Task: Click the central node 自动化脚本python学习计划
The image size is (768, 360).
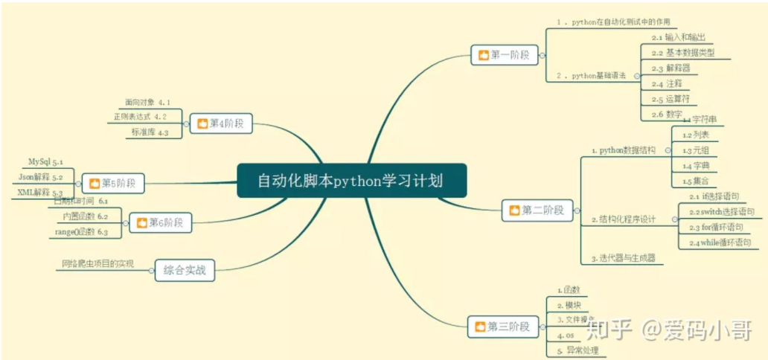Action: click(351, 181)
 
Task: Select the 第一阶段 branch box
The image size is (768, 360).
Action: click(504, 55)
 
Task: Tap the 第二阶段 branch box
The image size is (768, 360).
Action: click(533, 210)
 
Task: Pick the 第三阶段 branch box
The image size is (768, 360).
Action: click(502, 326)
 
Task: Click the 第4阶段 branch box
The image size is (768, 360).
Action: click(221, 123)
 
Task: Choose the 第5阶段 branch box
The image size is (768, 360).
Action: click(113, 182)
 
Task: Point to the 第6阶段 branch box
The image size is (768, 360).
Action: click(160, 222)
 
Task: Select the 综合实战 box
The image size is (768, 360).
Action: click(184, 270)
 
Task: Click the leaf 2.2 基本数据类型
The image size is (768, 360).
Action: click(682, 53)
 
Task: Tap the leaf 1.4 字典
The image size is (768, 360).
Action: click(695, 166)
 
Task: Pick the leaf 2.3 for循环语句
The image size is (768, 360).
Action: click(716, 227)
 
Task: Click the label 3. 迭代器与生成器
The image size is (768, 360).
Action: click(623, 258)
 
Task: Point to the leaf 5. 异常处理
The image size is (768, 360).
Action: click(577, 350)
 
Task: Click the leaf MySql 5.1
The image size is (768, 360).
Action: click(45, 161)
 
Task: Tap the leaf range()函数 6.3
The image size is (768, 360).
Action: click(82, 232)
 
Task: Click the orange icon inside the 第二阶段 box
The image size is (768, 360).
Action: click(513, 211)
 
